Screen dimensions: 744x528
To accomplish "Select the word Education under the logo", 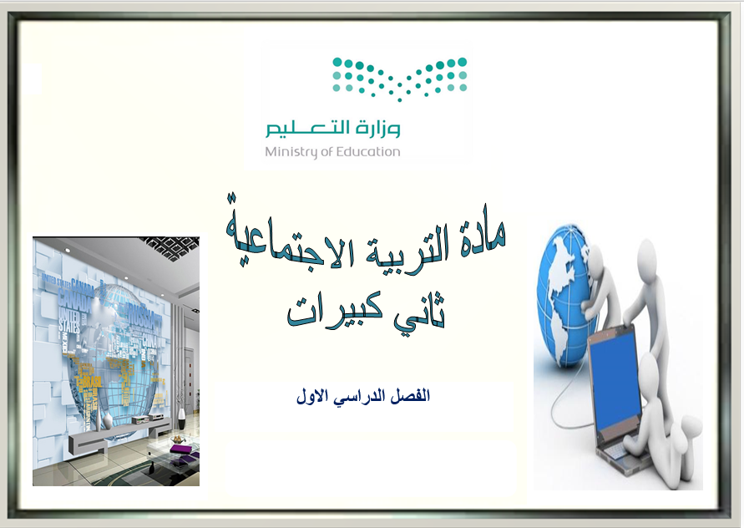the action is [368, 151].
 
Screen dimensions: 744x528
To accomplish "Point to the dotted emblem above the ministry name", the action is [399, 79].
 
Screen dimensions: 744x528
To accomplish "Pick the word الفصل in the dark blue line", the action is [411, 396].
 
